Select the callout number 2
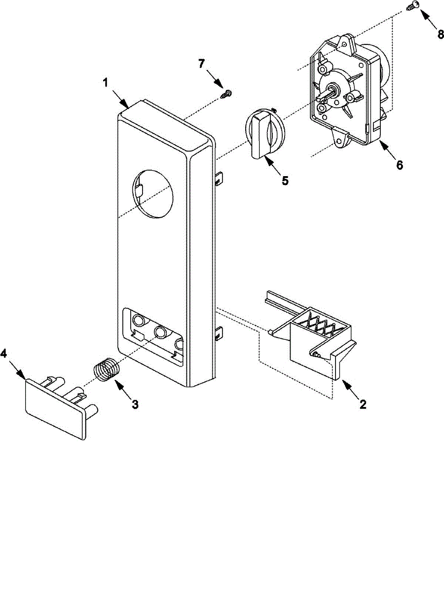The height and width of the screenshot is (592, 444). coord(363,405)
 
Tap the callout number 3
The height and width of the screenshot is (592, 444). coord(135,404)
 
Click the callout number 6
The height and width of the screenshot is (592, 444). coord(399,165)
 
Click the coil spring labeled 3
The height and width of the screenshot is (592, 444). coord(107,371)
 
